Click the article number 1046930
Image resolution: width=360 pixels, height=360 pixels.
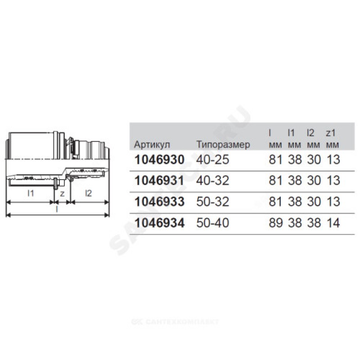coord(159,160)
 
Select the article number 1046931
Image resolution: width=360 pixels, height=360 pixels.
coord(159,180)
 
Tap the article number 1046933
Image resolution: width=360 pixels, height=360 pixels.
coord(159,202)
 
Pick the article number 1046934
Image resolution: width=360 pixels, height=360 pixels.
coord(159,223)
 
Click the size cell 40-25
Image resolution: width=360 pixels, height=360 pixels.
coord(212,160)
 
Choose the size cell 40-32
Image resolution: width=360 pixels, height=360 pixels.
coord(212,180)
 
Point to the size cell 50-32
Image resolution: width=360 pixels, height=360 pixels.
coord(212,202)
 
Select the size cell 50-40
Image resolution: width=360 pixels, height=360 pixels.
coord(212,223)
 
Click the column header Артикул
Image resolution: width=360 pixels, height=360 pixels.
coord(152,145)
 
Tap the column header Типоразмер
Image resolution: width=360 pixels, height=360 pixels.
coord(223,145)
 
